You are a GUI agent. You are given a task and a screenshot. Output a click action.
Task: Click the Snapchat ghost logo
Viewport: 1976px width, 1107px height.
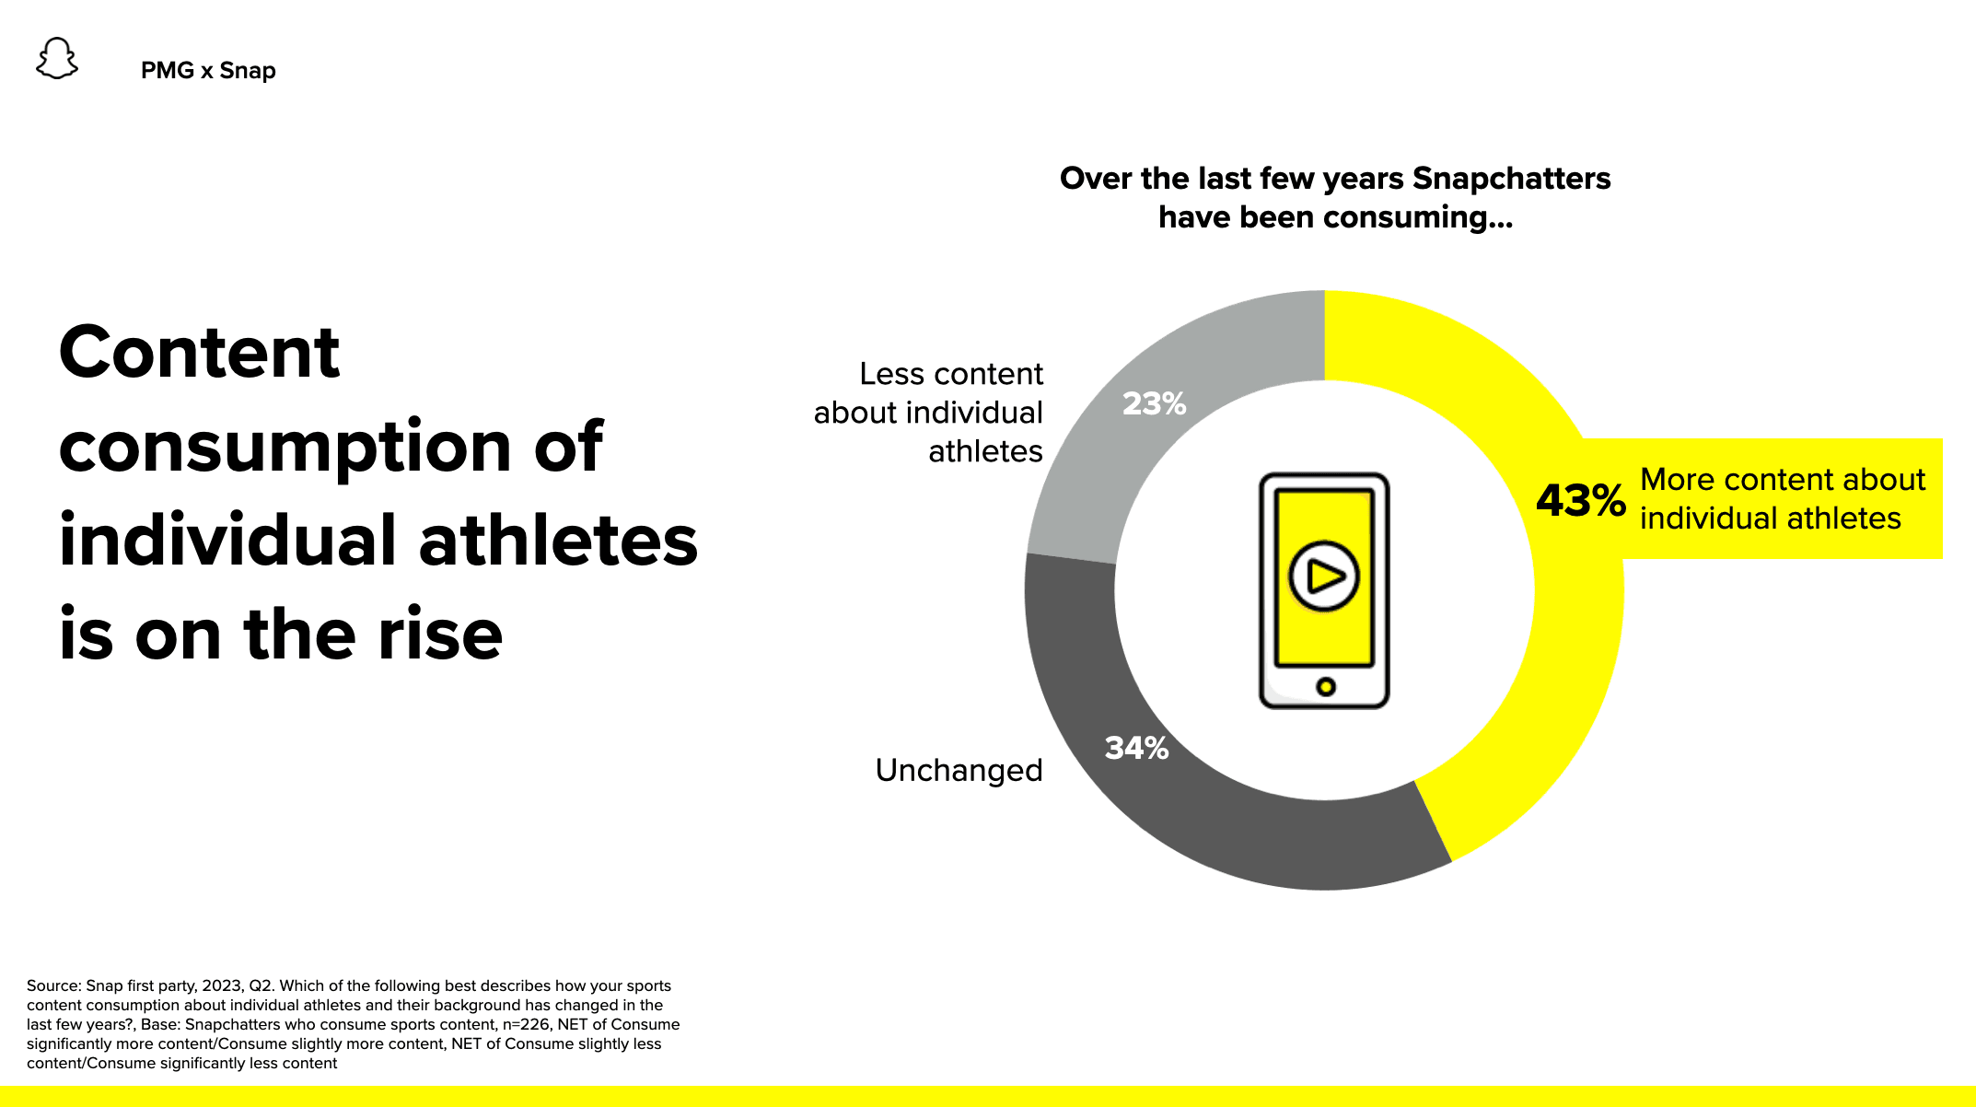point(57,59)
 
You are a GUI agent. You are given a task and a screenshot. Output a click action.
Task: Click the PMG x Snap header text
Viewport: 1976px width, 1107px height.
point(208,71)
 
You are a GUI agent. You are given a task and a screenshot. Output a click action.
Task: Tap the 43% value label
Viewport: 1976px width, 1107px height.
point(1580,500)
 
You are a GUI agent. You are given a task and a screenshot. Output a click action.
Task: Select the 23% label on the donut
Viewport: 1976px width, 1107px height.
point(1154,403)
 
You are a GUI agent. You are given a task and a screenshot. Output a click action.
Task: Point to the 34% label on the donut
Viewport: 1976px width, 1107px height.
point(1136,748)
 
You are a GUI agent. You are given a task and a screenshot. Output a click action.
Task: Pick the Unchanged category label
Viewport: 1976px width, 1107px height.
point(959,770)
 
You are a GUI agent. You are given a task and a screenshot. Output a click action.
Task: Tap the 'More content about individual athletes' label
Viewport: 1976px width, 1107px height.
point(1782,499)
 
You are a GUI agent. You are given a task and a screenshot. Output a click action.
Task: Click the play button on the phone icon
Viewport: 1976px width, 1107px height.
point(1324,577)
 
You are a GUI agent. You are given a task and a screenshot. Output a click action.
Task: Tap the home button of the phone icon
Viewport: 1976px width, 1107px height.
point(1325,686)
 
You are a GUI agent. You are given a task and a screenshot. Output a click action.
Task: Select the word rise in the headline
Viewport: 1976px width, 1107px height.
point(440,635)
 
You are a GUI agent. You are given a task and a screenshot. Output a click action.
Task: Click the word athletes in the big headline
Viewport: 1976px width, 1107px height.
point(558,541)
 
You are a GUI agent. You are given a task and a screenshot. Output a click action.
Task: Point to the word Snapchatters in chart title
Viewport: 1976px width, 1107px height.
point(1511,178)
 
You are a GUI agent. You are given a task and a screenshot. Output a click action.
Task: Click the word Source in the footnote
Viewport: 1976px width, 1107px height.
point(53,985)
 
